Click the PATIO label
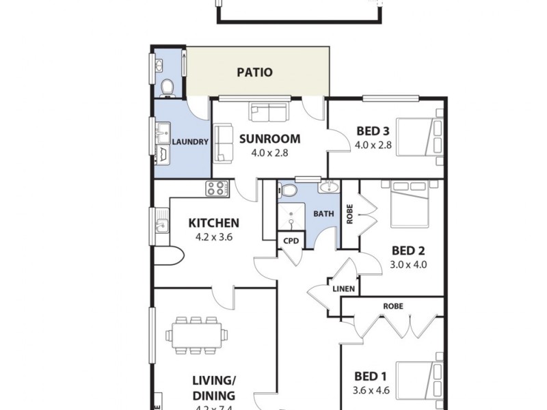(x=254, y=72)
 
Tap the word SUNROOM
(x=269, y=139)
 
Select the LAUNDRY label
(x=190, y=142)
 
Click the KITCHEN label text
(x=214, y=223)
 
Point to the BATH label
(x=323, y=214)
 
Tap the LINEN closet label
(x=343, y=289)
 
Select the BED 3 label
(x=373, y=131)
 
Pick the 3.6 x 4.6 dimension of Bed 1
(x=371, y=391)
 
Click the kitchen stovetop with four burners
(x=217, y=188)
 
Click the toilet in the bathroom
(x=289, y=191)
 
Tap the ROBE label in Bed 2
(x=349, y=214)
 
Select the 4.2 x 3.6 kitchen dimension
(x=213, y=238)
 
